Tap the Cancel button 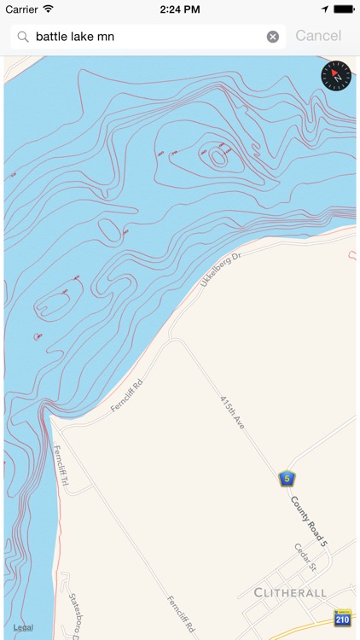[x=318, y=36]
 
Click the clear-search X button [x=273, y=37]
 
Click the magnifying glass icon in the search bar [x=23, y=37]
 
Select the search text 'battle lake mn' [x=75, y=37]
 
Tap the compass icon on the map [x=336, y=76]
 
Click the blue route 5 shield [x=287, y=478]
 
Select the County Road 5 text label [x=309, y=521]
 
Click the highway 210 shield [x=342, y=619]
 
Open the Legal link [x=23, y=627]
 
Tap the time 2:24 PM [x=179, y=9]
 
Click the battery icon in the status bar [x=344, y=9]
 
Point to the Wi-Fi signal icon [x=49, y=9]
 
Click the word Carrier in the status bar [x=21, y=9]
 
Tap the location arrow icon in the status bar [x=324, y=9]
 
